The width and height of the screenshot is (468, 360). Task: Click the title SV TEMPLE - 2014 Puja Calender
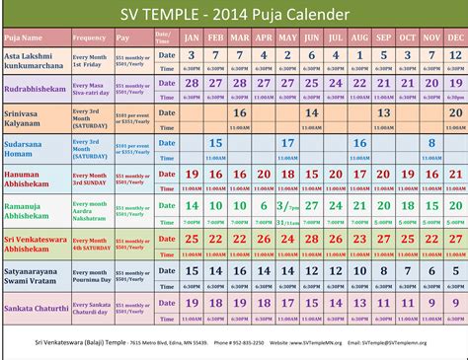click(x=234, y=15)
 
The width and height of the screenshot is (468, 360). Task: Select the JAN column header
click(x=192, y=37)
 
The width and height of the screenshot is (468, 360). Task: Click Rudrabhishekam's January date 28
click(x=192, y=84)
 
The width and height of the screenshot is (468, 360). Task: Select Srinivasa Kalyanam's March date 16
click(x=240, y=113)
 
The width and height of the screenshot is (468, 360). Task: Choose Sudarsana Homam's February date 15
click(x=215, y=144)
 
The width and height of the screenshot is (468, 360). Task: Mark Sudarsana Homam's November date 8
click(x=430, y=144)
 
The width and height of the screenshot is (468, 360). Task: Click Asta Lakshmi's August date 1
click(x=358, y=54)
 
